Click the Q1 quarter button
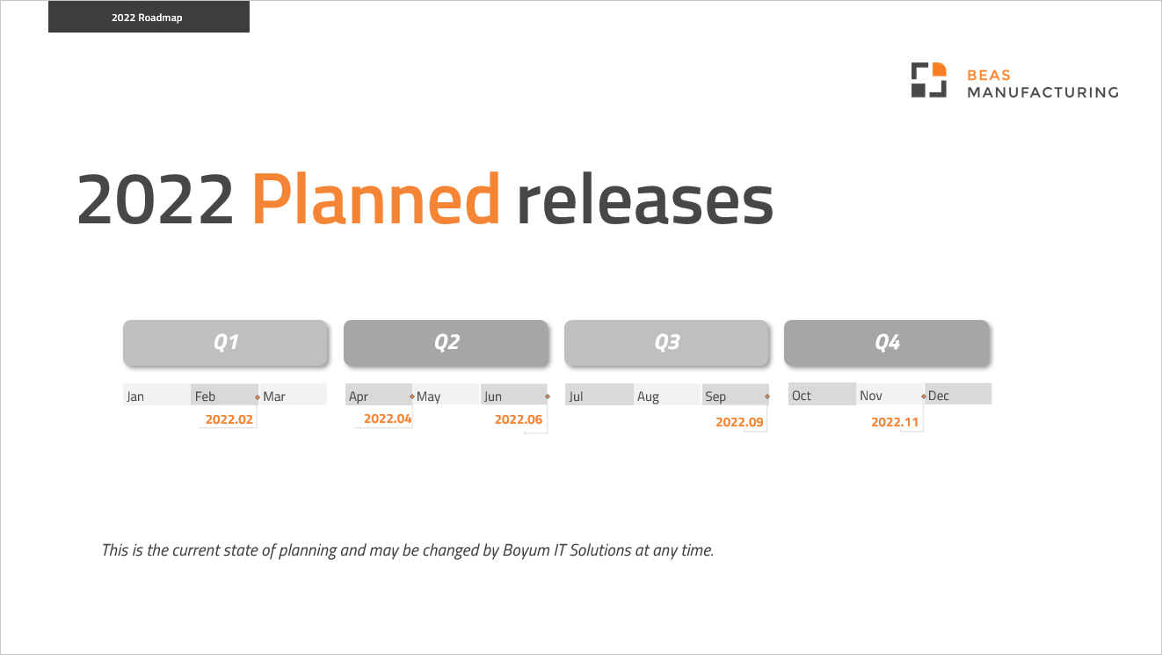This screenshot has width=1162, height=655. tap(226, 343)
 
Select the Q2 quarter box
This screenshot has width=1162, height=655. tap(447, 343)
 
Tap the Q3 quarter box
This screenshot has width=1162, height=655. tap(667, 343)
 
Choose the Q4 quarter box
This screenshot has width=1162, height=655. tap(887, 343)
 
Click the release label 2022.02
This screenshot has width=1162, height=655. tap(229, 419)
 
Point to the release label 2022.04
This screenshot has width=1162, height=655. tap(388, 418)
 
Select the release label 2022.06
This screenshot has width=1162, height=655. tap(519, 419)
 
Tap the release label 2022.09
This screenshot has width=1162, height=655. tap(740, 422)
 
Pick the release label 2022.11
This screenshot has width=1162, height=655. tap(895, 422)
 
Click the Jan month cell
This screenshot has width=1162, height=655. tap(156, 396)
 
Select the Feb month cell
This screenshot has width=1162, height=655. tap(224, 396)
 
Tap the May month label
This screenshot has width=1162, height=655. tap(429, 397)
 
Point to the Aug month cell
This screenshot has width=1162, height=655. tap(667, 396)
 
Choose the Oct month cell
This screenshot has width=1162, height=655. tap(821, 395)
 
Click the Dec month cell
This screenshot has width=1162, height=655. tap(957, 395)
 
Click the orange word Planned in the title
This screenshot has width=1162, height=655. tap(376, 200)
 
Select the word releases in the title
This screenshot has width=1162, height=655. tap(644, 200)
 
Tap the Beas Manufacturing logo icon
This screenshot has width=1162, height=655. tap(928, 80)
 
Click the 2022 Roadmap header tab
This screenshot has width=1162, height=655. tap(148, 17)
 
